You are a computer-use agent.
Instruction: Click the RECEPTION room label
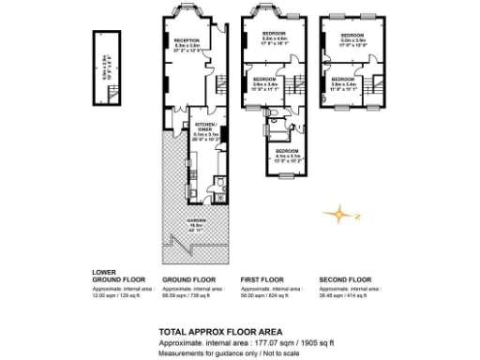point(187,40)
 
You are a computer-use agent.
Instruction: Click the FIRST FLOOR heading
point(260,279)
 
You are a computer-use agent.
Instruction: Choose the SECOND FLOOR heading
point(344,279)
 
